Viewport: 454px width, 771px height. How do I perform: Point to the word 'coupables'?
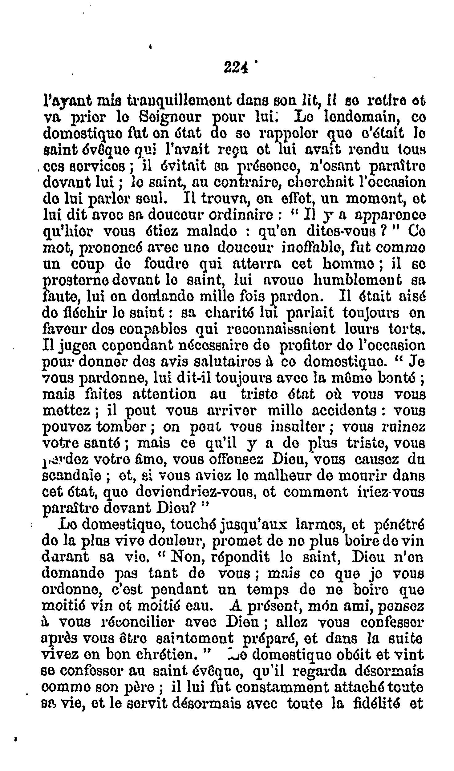151,330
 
